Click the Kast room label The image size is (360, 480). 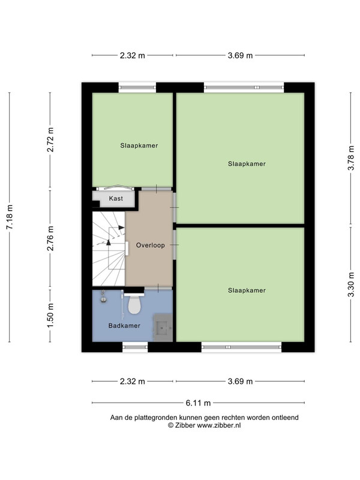116,199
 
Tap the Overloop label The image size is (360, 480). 151,245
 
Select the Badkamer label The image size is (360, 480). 124,326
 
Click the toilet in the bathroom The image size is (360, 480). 134,303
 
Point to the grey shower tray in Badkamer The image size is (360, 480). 163,328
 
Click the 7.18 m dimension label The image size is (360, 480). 10,217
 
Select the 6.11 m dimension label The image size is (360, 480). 198,403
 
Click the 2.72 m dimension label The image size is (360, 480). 50,140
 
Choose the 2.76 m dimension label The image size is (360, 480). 50,238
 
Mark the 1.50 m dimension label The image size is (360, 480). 50,315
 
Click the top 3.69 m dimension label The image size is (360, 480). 241,55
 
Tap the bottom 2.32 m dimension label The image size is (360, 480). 132,382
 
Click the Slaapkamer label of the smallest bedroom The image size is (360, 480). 139,146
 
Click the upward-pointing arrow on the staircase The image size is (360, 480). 109,242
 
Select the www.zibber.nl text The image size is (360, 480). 218,425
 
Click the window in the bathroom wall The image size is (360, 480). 135,347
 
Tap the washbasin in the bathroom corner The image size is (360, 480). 104,298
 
